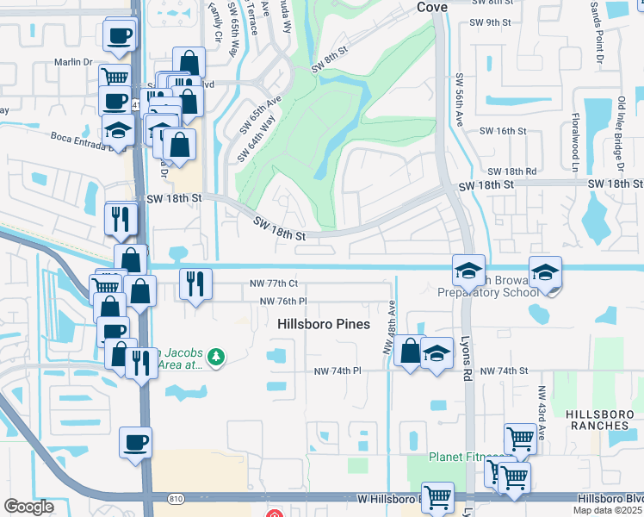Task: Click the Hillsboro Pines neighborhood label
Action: pos(324,324)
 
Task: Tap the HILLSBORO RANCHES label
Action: pos(598,420)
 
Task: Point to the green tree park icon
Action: pos(217,356)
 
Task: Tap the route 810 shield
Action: pos(175,497)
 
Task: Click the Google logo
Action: pos(28,507)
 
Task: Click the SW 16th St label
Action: pos(503,131)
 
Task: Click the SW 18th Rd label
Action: pos(511,172)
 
